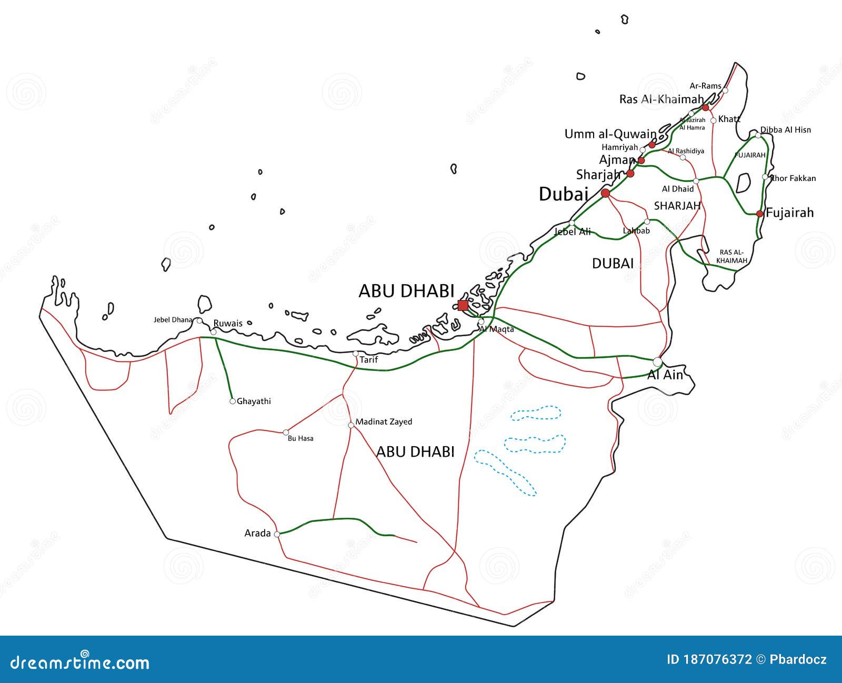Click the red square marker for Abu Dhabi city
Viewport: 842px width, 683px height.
tap(463, 306)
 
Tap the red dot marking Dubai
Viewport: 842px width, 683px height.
tap(605, 194)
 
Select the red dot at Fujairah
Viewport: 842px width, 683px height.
tap(759, 214)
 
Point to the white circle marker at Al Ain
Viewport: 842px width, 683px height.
tap(657, 362)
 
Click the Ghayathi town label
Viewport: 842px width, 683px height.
tap(254, 401)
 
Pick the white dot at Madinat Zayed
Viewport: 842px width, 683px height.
tap(351, 425)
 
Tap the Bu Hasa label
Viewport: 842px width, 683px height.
tap(300, 438)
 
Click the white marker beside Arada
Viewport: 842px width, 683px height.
tap(277, 534)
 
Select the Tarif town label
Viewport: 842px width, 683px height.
tap(368, 360)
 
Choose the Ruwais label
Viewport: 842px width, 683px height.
tap(228, 323)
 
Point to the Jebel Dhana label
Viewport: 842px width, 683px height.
tap(173, 319)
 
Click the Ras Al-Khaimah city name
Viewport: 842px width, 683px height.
tap(661, 99)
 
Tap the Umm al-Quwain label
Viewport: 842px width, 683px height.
tap(610, 134)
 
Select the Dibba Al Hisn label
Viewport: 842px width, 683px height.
tap(786, 130)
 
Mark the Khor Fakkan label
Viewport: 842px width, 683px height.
tap(793, 178)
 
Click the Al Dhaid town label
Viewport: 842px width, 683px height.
tap(678, 189)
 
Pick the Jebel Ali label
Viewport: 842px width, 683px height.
tap(573, 232)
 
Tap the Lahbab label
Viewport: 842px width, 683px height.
tap(636, 230)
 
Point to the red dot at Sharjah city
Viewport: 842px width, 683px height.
tap(630, 174)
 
